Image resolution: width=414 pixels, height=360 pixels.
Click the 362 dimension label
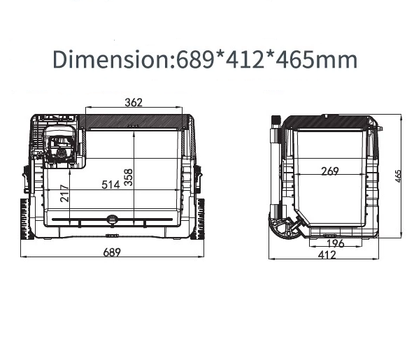pyautogui.click(x=134, y=102)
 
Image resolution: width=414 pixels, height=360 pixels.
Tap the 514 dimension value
pyautogui.click(x=111, y=185)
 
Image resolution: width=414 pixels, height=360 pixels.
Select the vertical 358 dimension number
pyautogui.click(x=128, y=178)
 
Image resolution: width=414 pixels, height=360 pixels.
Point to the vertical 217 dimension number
pyautogui.click(x=64, y=194)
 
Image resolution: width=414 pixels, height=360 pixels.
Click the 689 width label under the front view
pyautogui.click(x=112, y=252)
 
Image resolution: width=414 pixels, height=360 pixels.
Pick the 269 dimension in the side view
pyautogui.click(x=330, y=171)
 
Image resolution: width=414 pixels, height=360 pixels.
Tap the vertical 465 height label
pyautogui.click(x=398, y=176)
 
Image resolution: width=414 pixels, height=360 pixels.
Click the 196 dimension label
pyautogui.click(x=335, y=243)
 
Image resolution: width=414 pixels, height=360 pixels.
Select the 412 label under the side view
pyautogui.click(x=327, y=254)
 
